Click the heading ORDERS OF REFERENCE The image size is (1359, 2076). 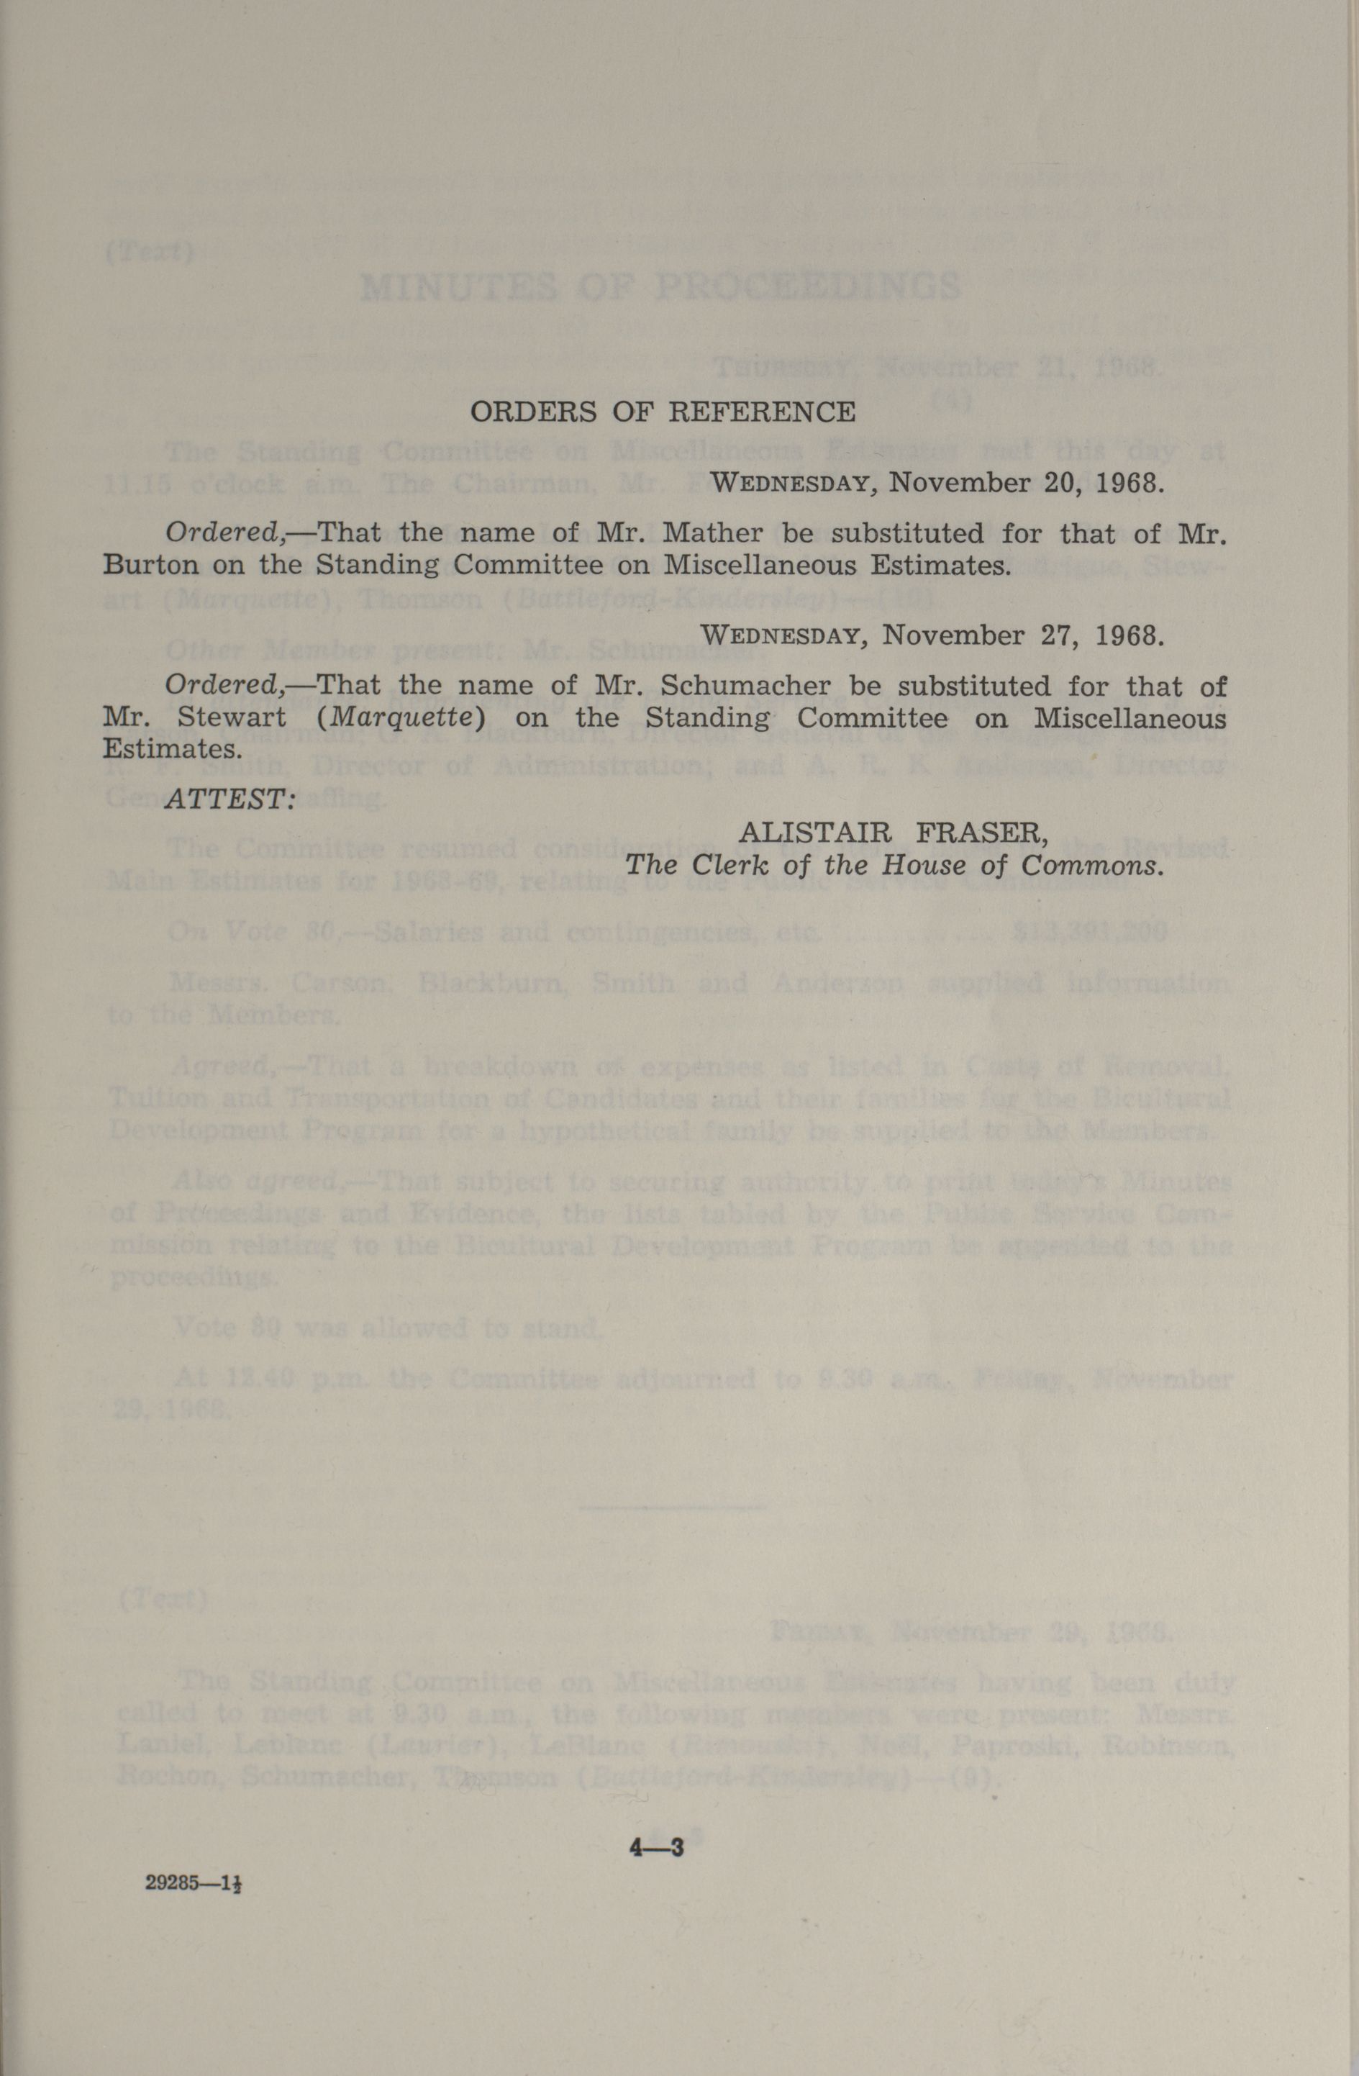[x=663, y=412]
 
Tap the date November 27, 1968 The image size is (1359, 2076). [x=1022, y=635]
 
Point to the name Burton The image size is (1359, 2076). [x=151, y=565]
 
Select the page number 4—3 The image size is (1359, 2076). [x=657, y=1846]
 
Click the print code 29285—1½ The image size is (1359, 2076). [x=193, y=1882]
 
